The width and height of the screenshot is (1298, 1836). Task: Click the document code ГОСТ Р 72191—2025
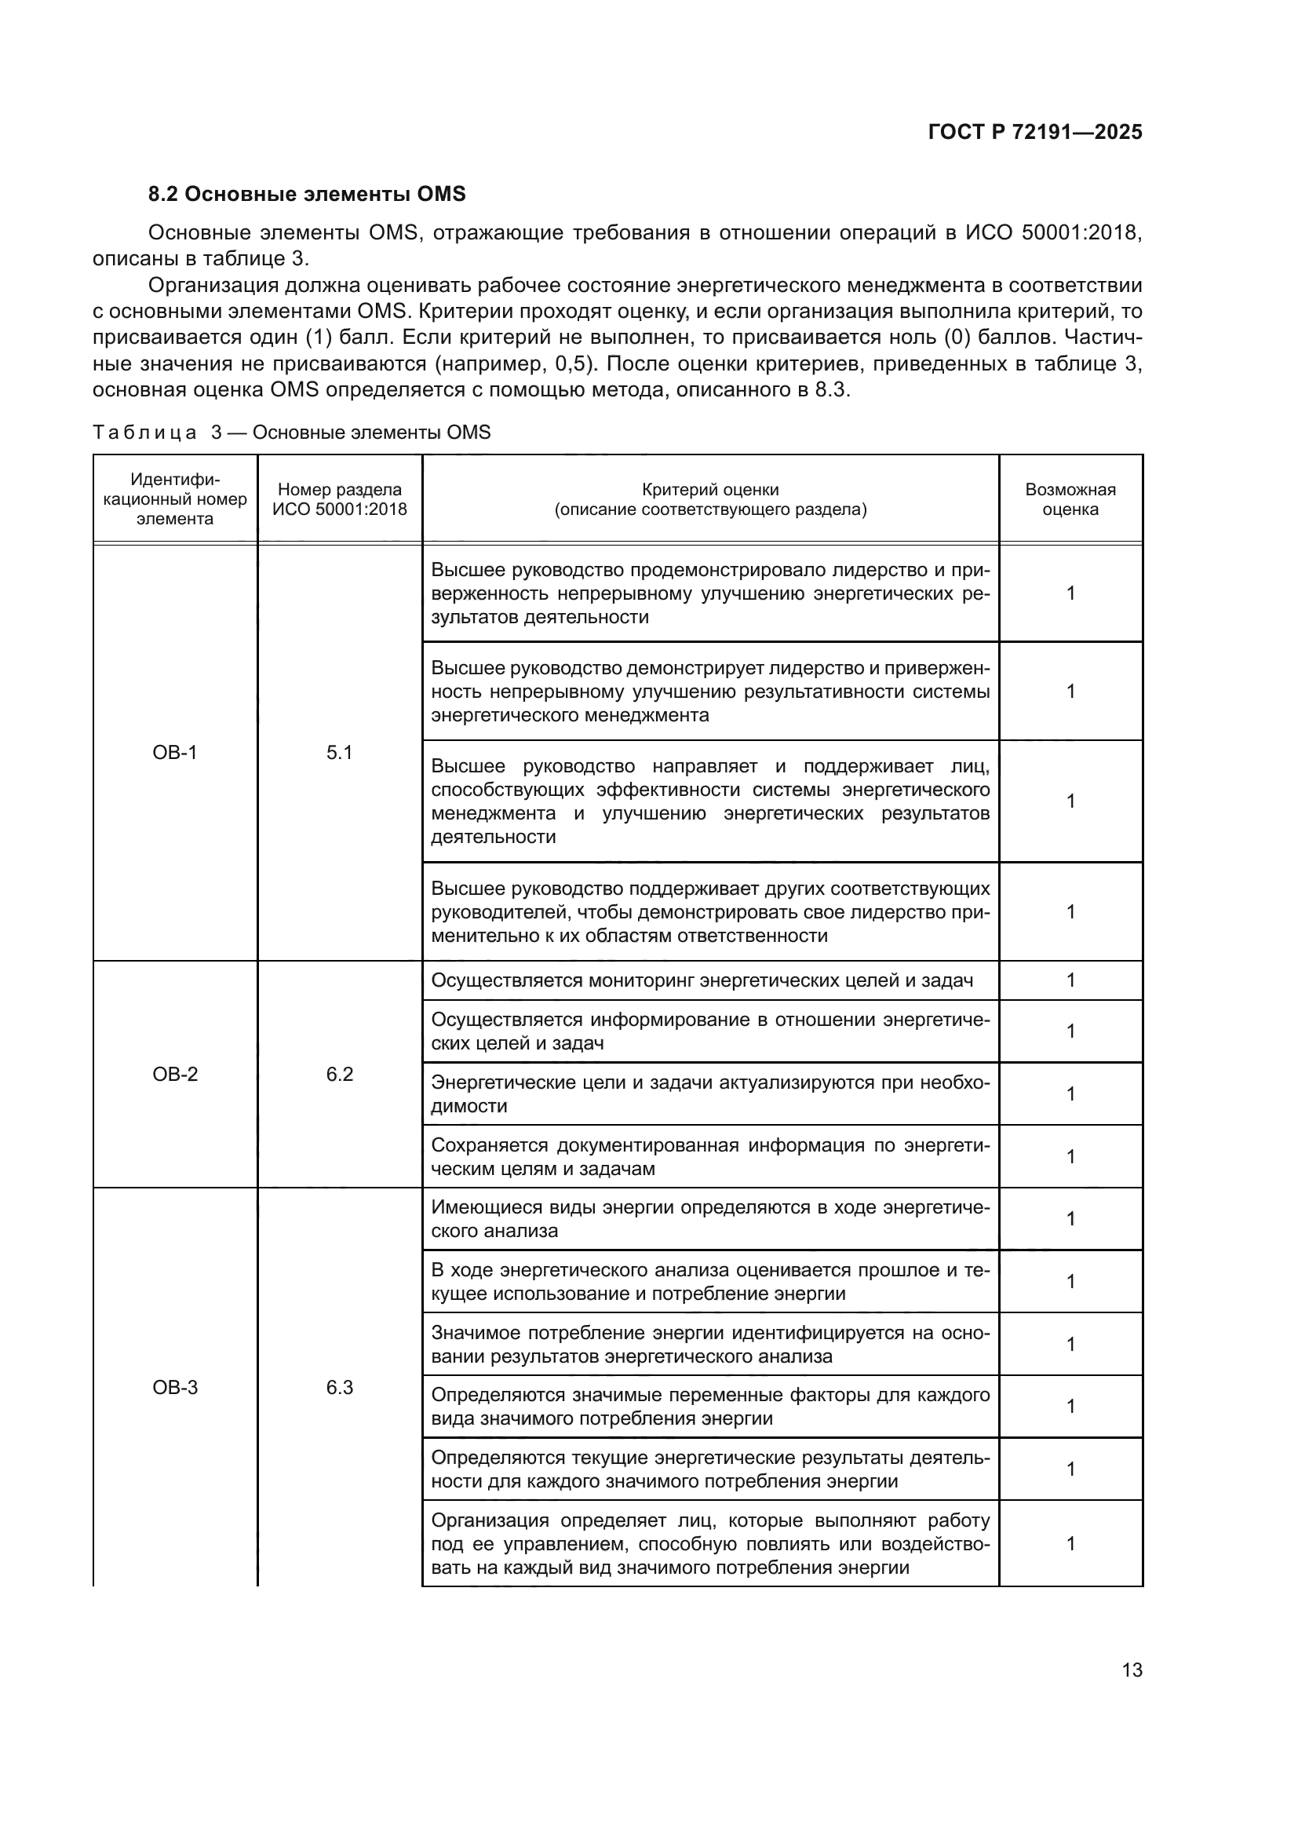coord(1034,133)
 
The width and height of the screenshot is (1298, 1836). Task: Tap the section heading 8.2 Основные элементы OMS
coord(307,195)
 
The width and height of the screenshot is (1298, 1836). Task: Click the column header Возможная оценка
coord(1070,499)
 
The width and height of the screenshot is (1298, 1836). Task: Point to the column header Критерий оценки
coord(709,499)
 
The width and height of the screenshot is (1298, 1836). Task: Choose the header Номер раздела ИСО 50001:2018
coord(339,499)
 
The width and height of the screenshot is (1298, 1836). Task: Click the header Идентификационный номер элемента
coord(175,499)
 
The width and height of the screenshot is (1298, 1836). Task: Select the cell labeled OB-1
coord(175,753)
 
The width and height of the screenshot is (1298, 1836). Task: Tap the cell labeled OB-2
coord(175,1074)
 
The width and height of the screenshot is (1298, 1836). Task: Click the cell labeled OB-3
coord(175,1387)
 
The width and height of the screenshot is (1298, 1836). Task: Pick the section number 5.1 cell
coord(339,753)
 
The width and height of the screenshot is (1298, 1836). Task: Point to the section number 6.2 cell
coord(339,1074)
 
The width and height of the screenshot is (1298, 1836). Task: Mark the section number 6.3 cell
coord(339,1387)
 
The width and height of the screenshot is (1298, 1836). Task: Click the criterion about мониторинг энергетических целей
coord(702,980)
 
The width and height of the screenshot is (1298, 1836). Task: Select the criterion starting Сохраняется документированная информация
coord(709,1156)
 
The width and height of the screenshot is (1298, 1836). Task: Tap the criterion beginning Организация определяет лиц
coord(709,1543)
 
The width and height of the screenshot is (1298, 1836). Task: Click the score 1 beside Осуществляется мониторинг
coord(1070,980)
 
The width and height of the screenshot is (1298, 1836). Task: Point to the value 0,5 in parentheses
coord(573,364)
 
